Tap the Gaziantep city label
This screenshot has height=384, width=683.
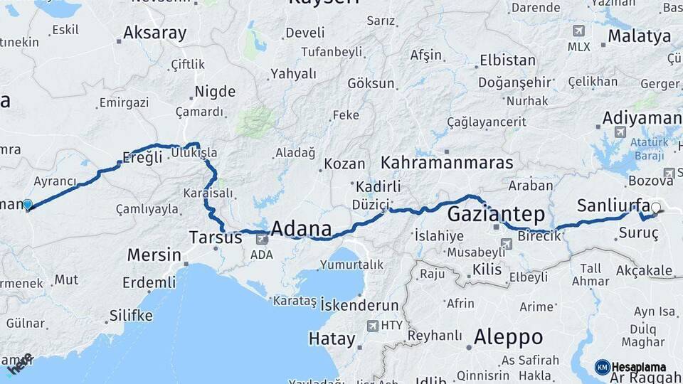click(496, 214)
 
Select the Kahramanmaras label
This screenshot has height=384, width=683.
click(447, 163)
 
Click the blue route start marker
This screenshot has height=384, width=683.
click(28, 205)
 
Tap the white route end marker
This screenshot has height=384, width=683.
click(655, 208)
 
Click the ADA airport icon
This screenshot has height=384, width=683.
click(263, 240)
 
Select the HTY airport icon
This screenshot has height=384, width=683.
click(373, 326)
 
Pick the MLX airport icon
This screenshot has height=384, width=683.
click(578, 31)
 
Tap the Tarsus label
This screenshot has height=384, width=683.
click(216, 238)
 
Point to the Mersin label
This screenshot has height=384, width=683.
click(154, 255)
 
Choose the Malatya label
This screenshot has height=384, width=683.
click(640, 36)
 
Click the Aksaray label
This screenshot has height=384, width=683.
click(154, 33)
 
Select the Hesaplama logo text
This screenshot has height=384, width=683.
click(638, 368)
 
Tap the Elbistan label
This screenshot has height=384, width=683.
click(507, 60)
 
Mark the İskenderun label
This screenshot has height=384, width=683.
click(360, 305)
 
